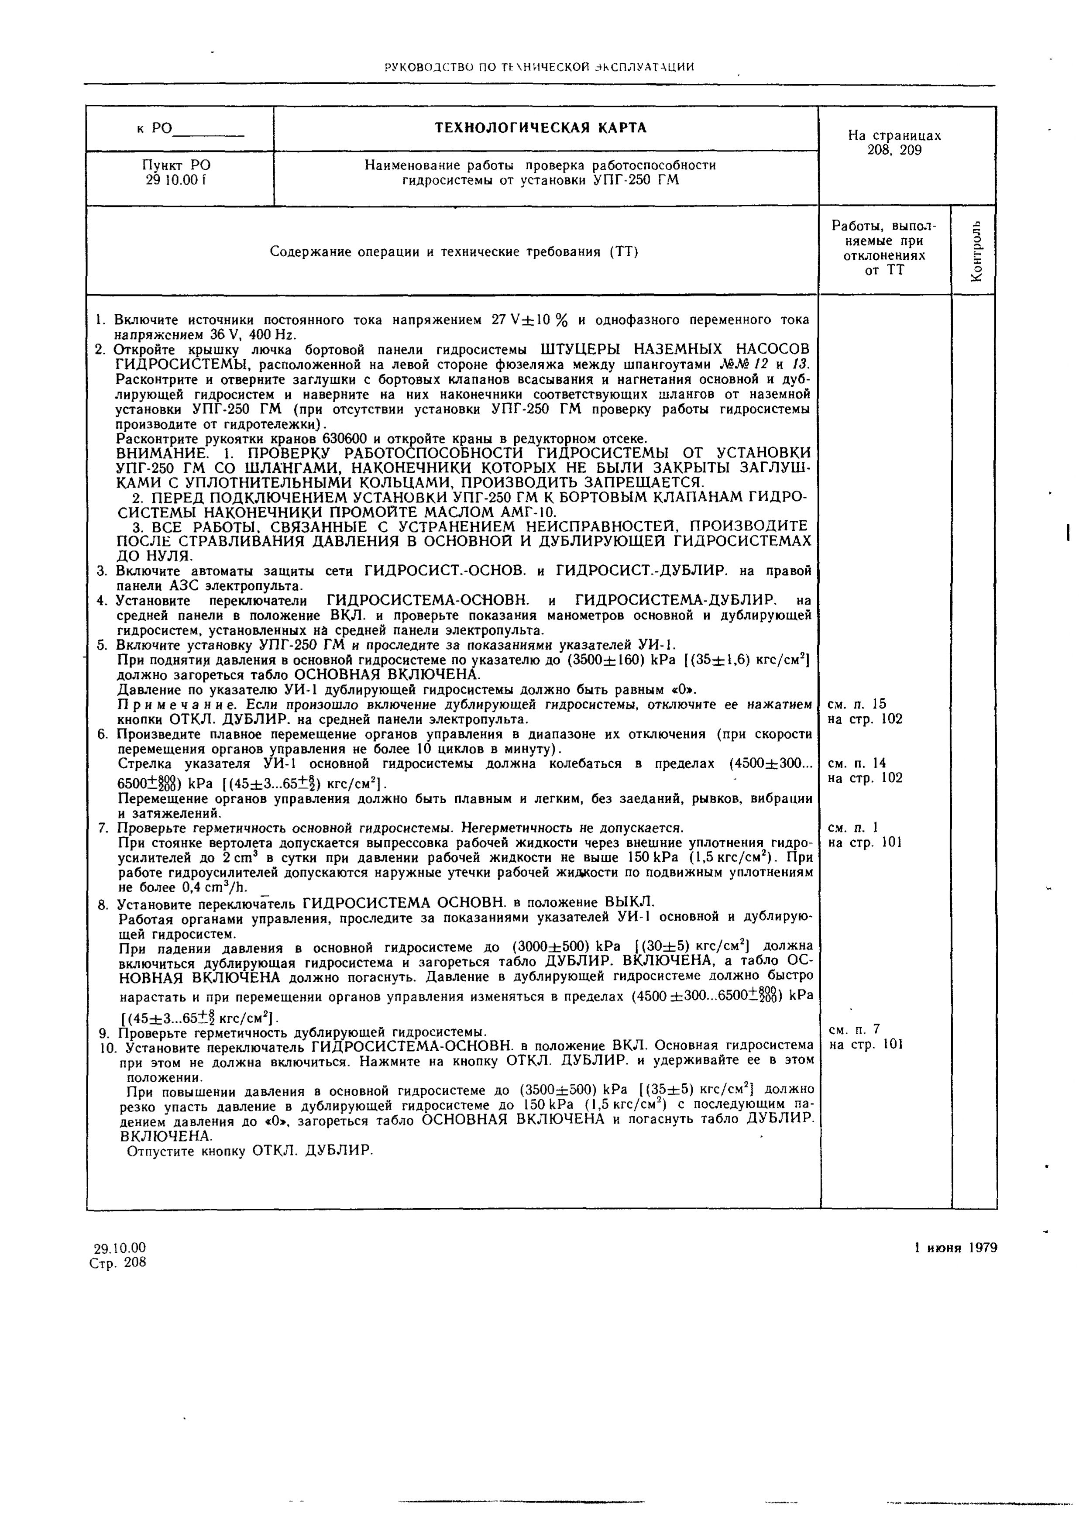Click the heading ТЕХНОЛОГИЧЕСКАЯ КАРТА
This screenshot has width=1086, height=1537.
pos(541,128)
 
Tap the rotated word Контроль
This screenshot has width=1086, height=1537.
pos(976,251)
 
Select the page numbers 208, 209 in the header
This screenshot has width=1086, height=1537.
pos(894,151)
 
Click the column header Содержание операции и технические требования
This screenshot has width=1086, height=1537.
pos(453,252)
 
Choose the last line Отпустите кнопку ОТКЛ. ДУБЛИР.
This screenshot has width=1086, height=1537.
pos(249,1151)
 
